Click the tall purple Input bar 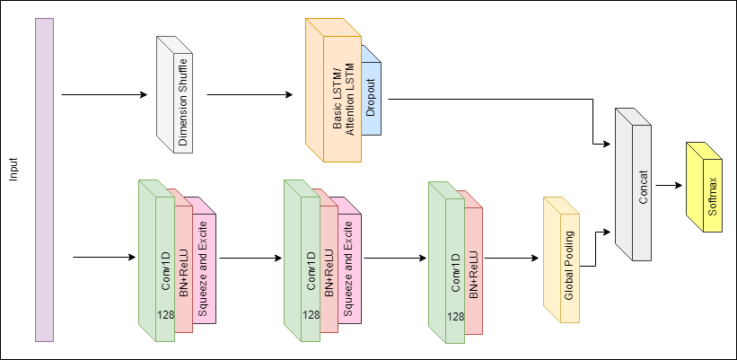(x=44, y=180)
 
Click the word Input (x=13, y=171)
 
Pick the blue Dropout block (x=372, y=99)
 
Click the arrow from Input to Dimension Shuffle (x=103, y=93)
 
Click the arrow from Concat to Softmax (x=669, y=187)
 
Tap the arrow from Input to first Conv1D (x=104, y=258)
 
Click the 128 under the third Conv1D (x=456, y=315)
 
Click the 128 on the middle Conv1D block (x=311, y=315)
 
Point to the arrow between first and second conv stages (x=250, y=258)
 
